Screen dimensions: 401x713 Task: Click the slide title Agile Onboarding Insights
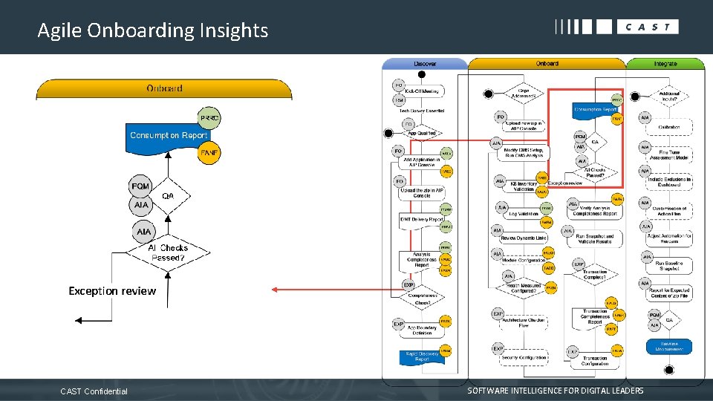[152, 30]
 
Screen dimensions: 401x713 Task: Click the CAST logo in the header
[616, 27]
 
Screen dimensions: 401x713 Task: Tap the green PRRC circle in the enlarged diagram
[209, 118]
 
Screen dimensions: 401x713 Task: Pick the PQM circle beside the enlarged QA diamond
[140, 186]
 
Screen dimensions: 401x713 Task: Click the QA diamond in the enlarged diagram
[169, 196]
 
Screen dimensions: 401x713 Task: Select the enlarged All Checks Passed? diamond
[168, 252]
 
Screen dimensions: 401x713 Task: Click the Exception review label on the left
[112, 291]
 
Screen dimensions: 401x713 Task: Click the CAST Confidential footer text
[94, 391]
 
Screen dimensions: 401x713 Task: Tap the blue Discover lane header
[425, 64]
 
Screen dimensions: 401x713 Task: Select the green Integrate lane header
[665, 64]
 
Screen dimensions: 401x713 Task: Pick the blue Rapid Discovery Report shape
[421, 356]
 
